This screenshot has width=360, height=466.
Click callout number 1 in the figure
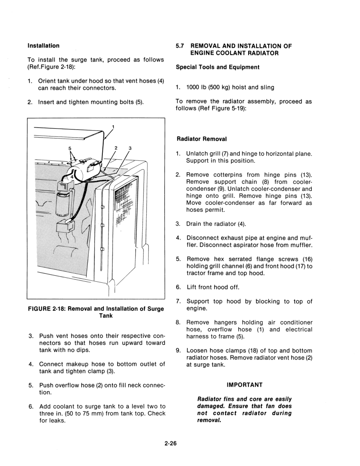tap(113, 127)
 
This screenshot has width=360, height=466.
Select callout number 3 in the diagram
tap(130, 148)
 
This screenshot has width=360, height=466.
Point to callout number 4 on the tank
tap(72, 177)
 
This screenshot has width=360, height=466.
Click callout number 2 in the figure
tap(116, 148)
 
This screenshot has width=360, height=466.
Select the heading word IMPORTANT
tap(245, 385)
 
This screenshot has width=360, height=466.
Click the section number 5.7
tap(180, 46)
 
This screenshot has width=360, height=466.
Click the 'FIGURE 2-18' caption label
tap(47, 309)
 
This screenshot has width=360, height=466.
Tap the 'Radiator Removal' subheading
tap(202, 139)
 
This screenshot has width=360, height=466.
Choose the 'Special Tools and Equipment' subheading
tap(218, 67)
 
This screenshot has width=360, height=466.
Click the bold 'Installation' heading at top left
tap(44, 46)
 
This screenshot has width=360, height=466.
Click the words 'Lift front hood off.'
tap(213, 287)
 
